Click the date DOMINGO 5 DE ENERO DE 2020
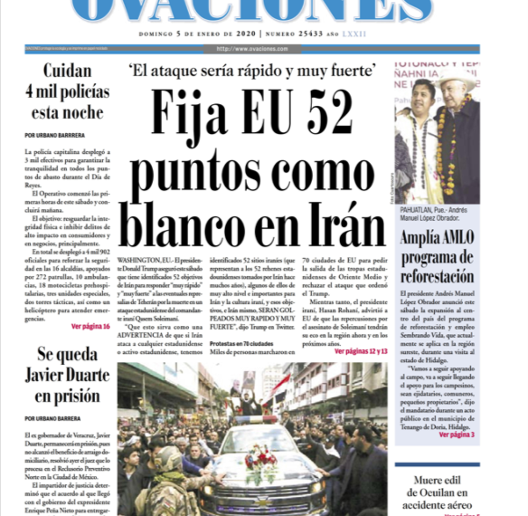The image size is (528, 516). [196, 33]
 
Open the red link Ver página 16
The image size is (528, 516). [90, 326]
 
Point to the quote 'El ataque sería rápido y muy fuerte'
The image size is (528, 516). [251, 70]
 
